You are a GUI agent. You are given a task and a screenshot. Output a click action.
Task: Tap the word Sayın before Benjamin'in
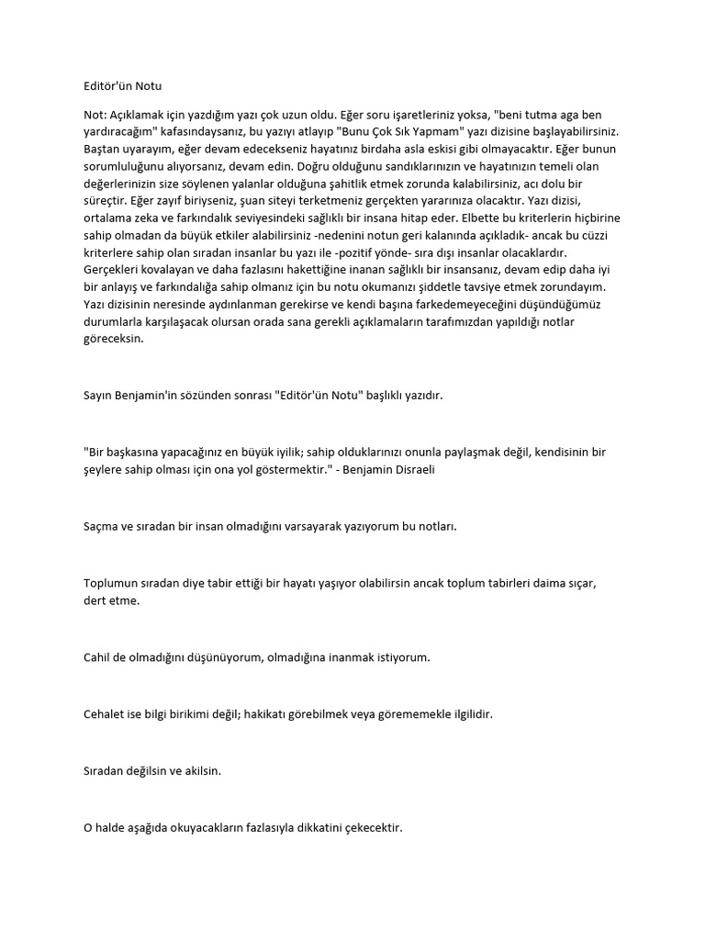point(98,396)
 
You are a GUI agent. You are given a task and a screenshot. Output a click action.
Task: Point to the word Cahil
point(97,657)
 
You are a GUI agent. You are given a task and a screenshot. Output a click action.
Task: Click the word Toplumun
point(112,584)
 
